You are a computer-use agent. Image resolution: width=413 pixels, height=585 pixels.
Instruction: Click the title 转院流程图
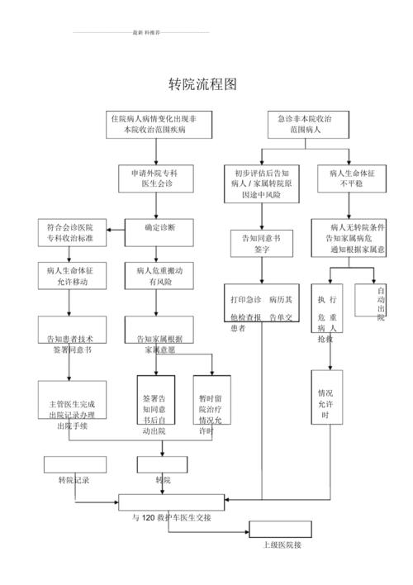[203, 84]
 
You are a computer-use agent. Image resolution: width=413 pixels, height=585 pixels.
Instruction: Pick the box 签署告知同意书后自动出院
[154, 404]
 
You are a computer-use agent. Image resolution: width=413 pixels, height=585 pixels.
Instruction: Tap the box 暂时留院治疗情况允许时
[212, 404]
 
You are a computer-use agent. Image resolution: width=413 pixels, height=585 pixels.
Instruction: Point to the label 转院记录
[74, 480]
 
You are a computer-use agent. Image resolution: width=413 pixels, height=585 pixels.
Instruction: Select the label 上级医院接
[281, 545]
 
